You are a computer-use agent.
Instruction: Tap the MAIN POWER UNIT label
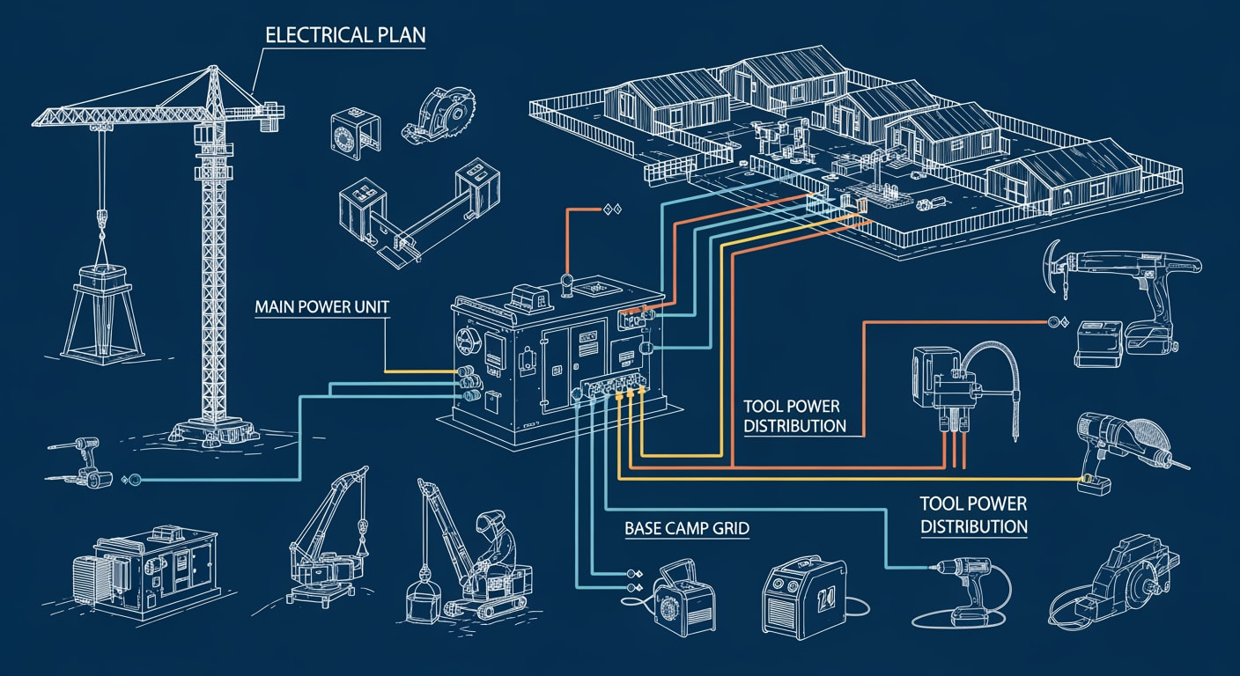tap(322, 309)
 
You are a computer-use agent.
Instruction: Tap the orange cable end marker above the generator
tap(610, 209)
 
